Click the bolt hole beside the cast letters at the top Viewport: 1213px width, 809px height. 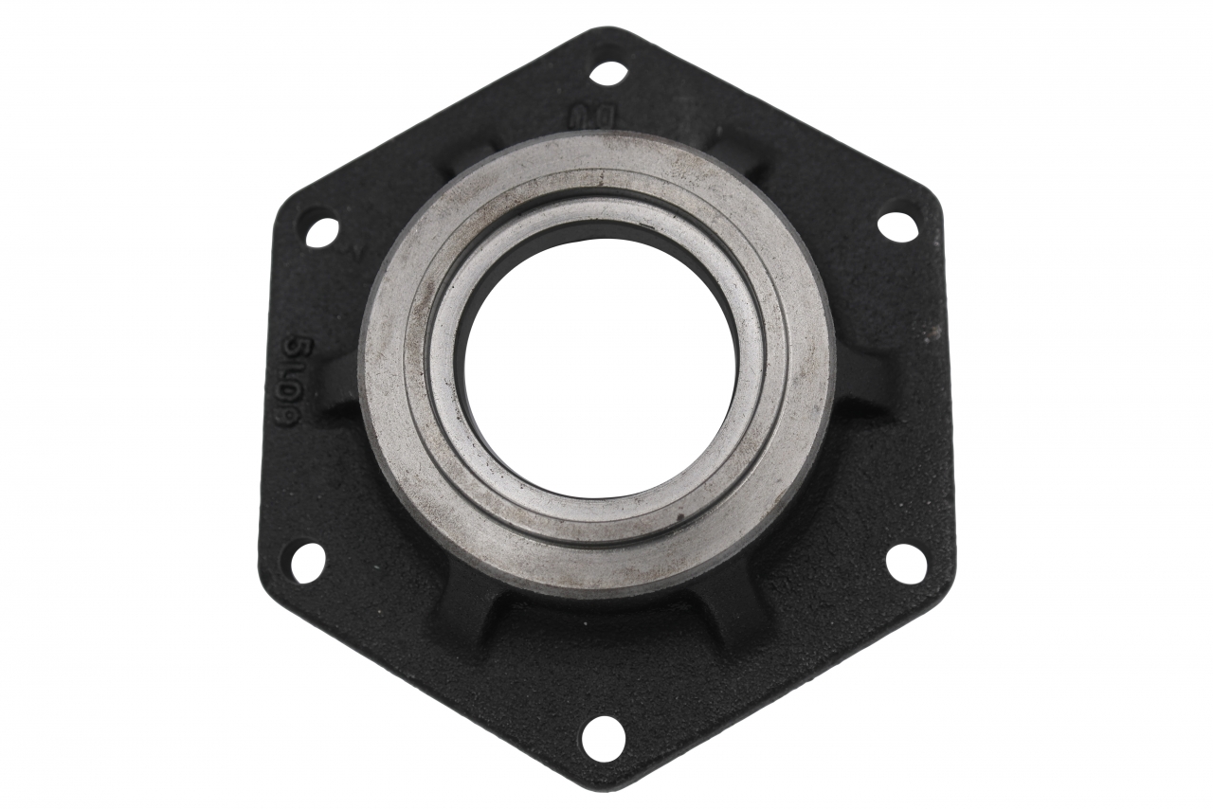pyautogui.click(x=607, y=73)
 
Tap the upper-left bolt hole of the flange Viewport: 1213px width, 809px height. pyautogui.click(x=321, y=231)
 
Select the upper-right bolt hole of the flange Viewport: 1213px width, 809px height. pyautogui.click(x=897, y=226)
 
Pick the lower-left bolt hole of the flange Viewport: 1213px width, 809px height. pyautogui.click(x=307, y=563)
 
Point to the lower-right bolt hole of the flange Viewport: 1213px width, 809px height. pyautogui.click(x=906, y=564)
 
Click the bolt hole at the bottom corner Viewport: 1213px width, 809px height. pyautogui.click(x=603, y=738)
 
